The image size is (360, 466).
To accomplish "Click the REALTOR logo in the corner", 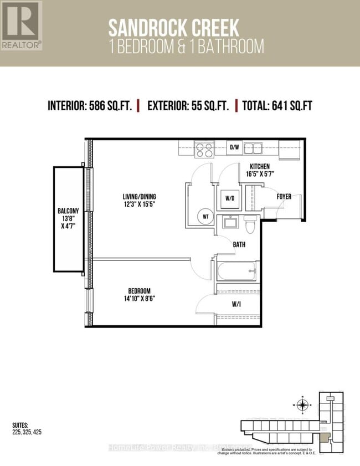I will pyautogui.click(x=21, y=25).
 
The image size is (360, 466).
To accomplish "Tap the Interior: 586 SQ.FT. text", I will pyautogui.click(x=90, y=106).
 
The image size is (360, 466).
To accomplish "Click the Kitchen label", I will pyautogui.click(x=260, y=170).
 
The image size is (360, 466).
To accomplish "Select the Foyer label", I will pyautogui.click(x=284, y=197).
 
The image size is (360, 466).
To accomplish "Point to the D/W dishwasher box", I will pyautogui.click(x=234, y=147).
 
